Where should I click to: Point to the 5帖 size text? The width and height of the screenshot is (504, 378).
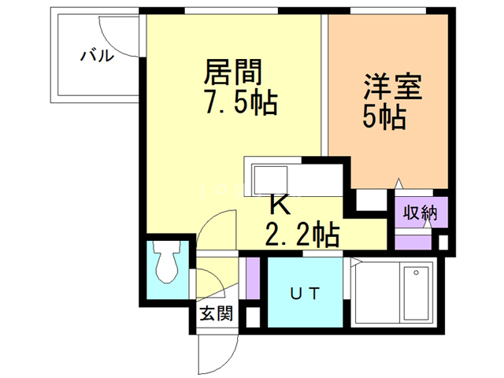tap(384, 117)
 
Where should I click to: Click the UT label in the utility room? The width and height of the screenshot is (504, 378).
tap(306, 295)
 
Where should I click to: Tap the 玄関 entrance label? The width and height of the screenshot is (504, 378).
tap(215, 313)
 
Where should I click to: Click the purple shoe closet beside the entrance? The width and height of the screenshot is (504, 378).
tap(253, 276)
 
